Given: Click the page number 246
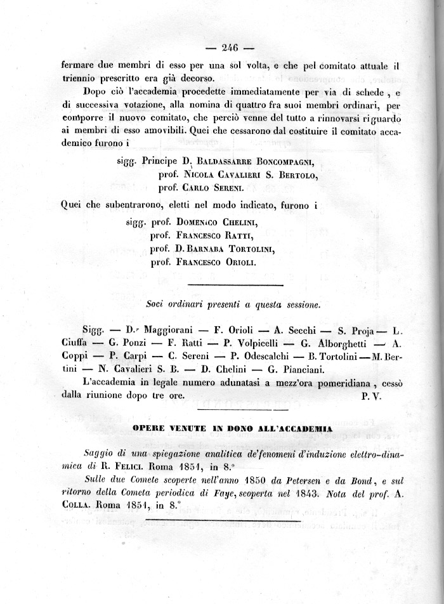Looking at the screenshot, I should tap(230, 46).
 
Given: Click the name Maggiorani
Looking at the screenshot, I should tap(171, 331).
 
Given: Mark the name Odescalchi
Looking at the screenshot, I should tap(260, 357).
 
